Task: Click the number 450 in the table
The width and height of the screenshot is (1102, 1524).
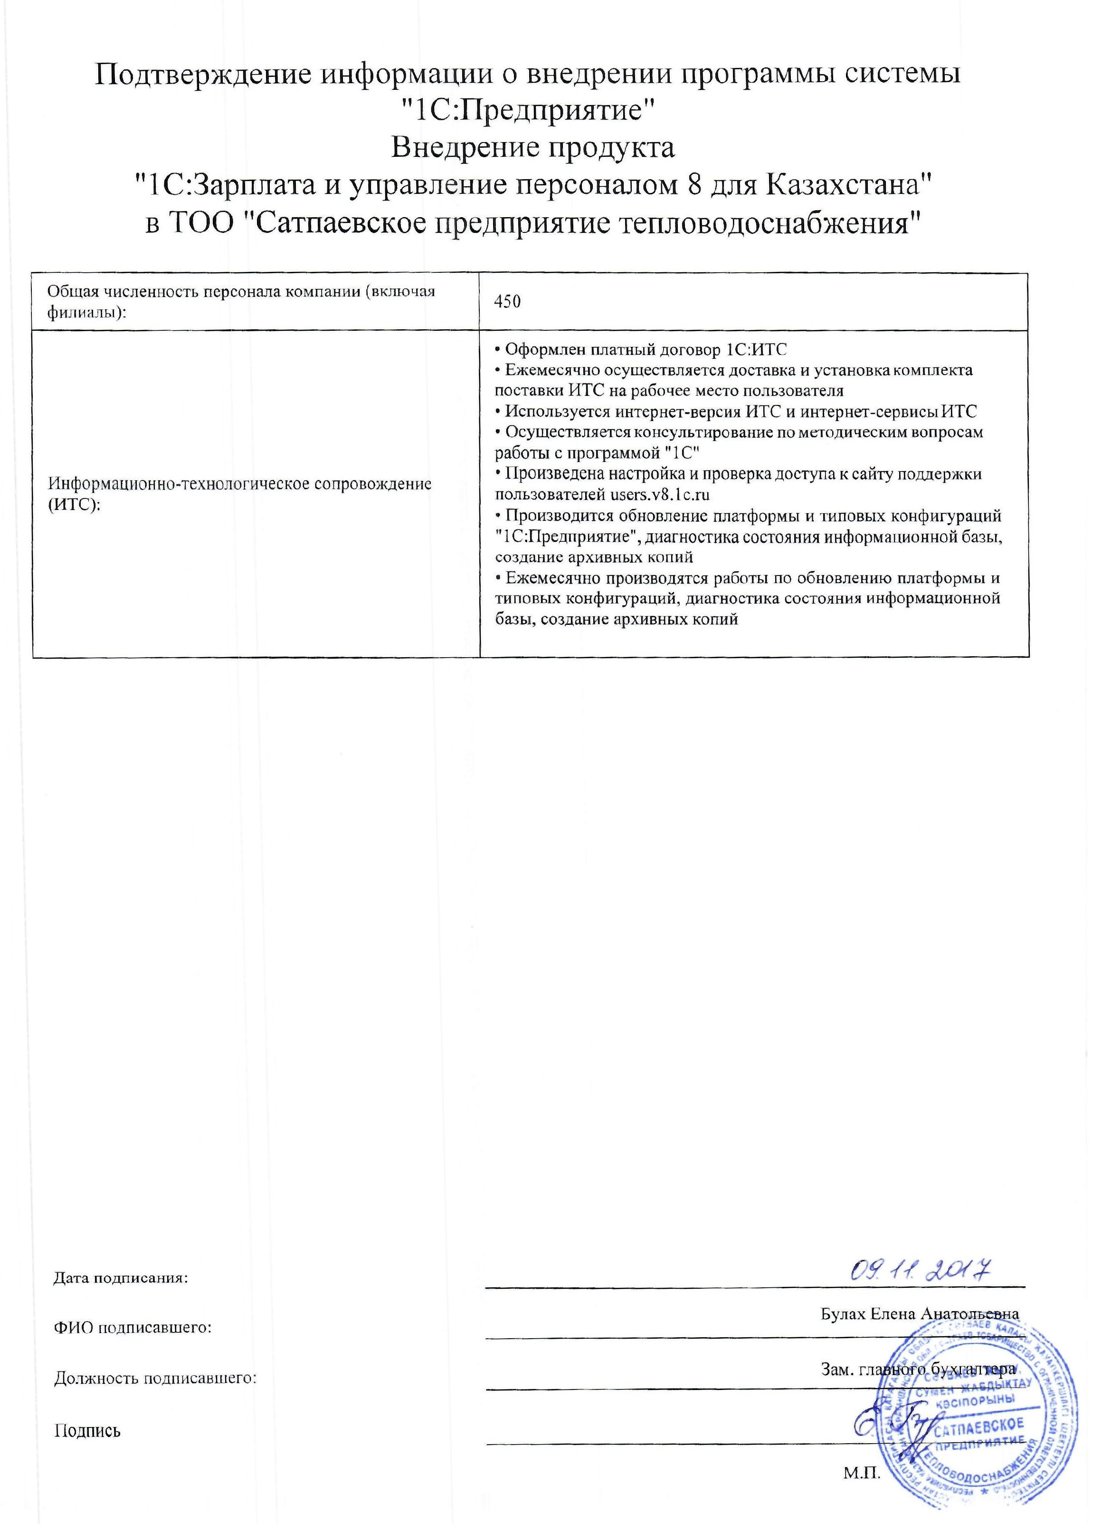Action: (507, 302)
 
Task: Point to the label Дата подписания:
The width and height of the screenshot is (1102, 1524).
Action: (121, 1278)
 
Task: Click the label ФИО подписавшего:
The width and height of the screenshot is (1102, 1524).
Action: (133, 1328)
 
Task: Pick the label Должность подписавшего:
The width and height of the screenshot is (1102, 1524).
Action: (156, 1378)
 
